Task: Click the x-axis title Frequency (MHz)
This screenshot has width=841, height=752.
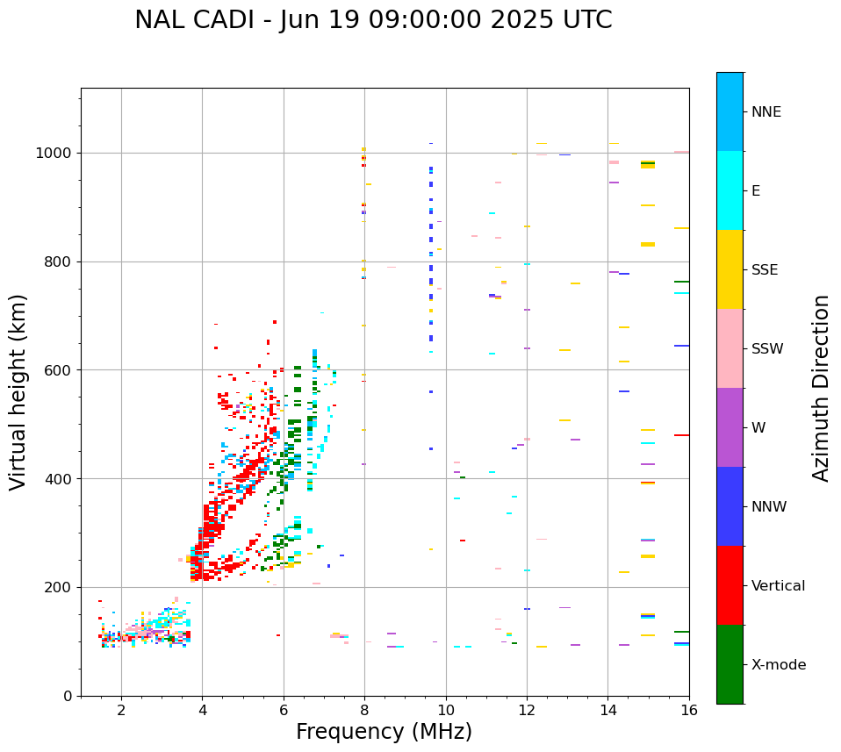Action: (384, 732)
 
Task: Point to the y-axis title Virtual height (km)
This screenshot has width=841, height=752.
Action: (18, 392)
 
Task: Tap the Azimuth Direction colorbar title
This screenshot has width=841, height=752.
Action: (821, 388)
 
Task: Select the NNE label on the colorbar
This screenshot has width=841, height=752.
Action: (766, 112)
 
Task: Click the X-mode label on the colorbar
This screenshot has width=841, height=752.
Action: (778, 665)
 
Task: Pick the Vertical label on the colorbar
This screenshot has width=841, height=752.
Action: (778, 586)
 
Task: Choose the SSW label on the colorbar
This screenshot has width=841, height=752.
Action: (767, 349)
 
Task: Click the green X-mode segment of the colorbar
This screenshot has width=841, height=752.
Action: (730, 664)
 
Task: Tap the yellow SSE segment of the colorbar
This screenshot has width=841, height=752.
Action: (730, 269)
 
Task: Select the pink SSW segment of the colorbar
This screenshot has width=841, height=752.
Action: (730, 348)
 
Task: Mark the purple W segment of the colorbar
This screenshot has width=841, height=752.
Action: (730, 427)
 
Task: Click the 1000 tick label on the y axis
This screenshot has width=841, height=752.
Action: (54, 153)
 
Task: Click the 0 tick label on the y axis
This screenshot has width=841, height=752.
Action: (67, 696)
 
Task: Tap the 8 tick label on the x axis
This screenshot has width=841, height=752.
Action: (364, 710)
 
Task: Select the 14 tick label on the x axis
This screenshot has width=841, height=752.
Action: (607, 710)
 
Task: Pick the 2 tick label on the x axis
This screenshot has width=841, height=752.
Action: (121, 710)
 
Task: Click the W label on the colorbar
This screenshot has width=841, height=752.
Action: (758, 428)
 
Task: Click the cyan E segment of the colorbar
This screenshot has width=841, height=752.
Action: (730, 190)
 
